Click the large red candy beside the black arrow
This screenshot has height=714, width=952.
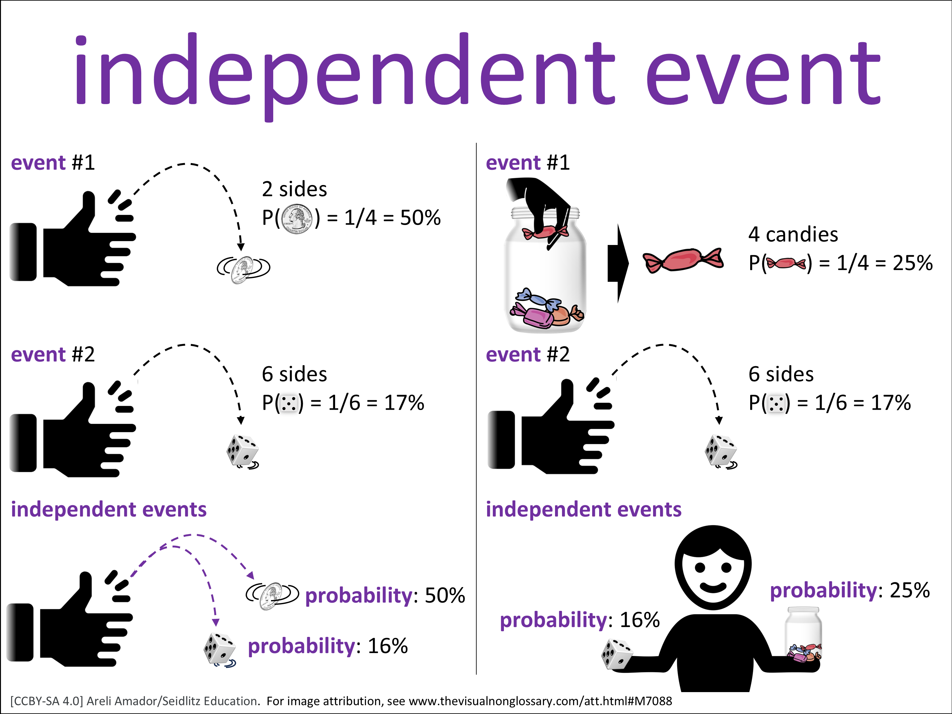click(x=683, y=261)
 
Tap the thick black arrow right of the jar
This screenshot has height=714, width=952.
click(x=618, y=263)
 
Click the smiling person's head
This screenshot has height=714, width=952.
click(x=713, y=567)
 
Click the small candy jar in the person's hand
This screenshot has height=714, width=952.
click(x=803, y=634)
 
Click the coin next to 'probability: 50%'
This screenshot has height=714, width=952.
click(x=272, y=596)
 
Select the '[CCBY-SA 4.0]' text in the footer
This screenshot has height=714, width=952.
click(x=46, y=701)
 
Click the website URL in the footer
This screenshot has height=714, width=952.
click(x=540, y=701)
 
